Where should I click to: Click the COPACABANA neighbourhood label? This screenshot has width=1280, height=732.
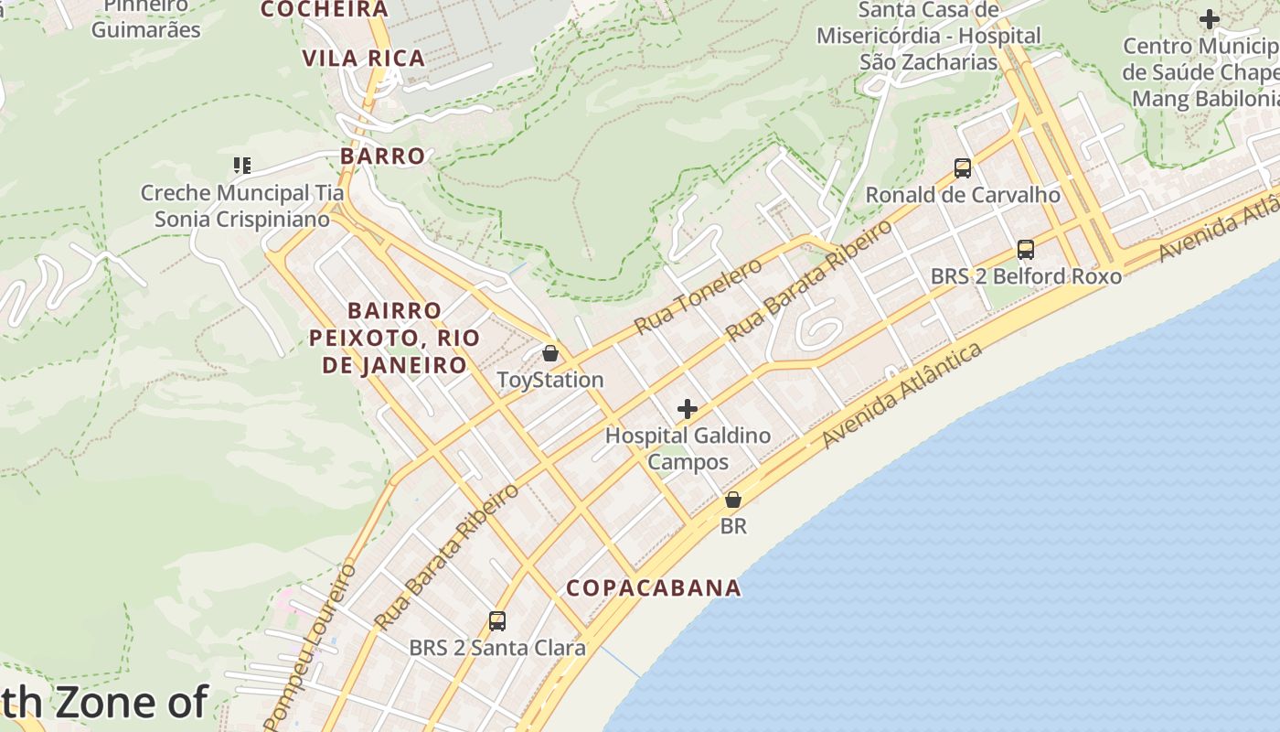(654, 587)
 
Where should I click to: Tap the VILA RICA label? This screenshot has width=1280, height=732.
(364, 59)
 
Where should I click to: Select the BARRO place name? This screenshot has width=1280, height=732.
(383, 156)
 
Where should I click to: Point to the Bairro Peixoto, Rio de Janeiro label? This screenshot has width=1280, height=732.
(394, 338)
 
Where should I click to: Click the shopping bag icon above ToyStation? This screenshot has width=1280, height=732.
(550, 353)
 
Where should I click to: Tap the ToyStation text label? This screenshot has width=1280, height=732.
(550, 380)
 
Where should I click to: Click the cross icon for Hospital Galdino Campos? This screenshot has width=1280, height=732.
(688, 409)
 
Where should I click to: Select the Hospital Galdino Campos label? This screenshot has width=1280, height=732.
(688, 448)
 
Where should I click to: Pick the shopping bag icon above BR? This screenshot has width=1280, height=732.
(733, 500)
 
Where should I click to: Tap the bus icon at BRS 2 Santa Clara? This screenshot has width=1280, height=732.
(497, 621)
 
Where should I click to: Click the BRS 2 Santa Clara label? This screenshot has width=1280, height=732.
(497, 648)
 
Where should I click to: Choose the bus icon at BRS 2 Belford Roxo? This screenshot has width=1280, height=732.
(1026, 250)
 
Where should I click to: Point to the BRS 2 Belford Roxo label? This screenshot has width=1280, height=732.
(1026, 276)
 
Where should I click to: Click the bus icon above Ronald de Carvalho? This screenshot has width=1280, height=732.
(963, 168)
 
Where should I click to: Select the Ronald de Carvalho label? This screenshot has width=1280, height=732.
(963, 195)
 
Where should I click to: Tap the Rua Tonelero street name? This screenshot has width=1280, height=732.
(699, 296)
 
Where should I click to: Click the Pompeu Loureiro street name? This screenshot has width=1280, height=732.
(312, 645)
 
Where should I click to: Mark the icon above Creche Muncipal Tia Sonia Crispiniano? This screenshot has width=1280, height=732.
(242, 166)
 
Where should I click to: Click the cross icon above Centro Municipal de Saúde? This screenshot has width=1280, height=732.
(1210, 19)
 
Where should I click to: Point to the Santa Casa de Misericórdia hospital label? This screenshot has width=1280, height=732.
(928, 36)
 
